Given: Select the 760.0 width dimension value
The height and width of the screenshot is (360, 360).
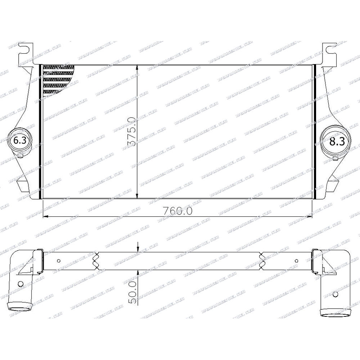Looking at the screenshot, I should pyautogui.click(x=176, y=211).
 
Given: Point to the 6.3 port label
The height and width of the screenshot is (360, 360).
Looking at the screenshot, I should pyautogui.click(x=19, y=141).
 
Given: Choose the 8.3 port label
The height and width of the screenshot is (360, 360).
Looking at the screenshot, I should pyautogui.click(x=337, y=141).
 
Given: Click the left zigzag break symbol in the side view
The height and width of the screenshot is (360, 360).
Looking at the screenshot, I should pyautogui.click(x=96, y=261).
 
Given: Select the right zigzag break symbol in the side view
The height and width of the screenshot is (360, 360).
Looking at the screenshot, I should pyautogui.click(x=262, y=261).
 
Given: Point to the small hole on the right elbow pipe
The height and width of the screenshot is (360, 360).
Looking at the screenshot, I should pyautogui.click(x=336, y=294).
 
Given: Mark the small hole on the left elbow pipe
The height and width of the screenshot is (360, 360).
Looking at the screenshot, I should pyautogui.click(x=20, y=283).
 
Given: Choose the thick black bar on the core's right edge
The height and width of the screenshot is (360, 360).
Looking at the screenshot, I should pyautogui.click(x=316, y=131).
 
